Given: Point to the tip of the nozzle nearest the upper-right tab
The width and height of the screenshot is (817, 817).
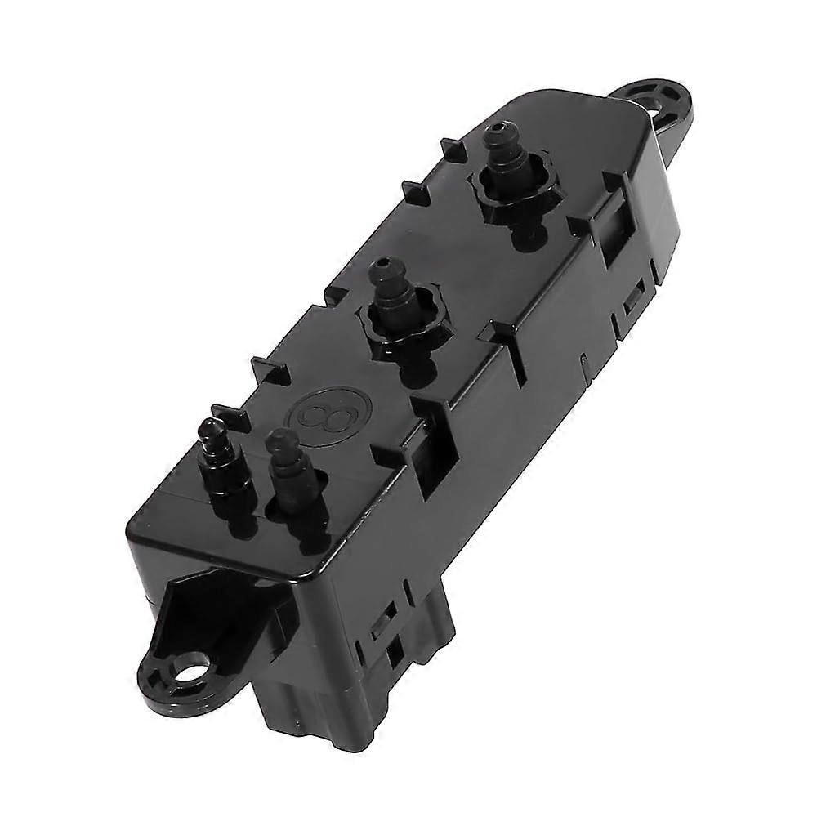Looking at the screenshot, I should pos(496,133).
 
